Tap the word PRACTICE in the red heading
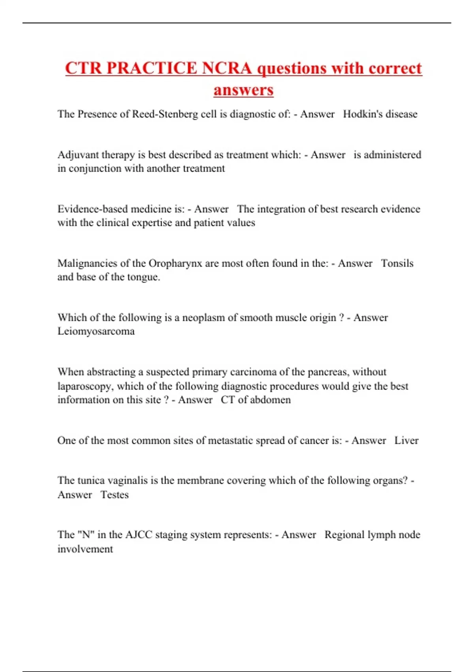coord(152,68)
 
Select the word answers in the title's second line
coord(243,90)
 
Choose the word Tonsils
coord(397,263)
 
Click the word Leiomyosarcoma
coord(96,331)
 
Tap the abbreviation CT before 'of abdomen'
coord(228,400)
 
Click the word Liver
coord(406,440)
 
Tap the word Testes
coord(115,495)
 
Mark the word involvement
coord(85,549)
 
